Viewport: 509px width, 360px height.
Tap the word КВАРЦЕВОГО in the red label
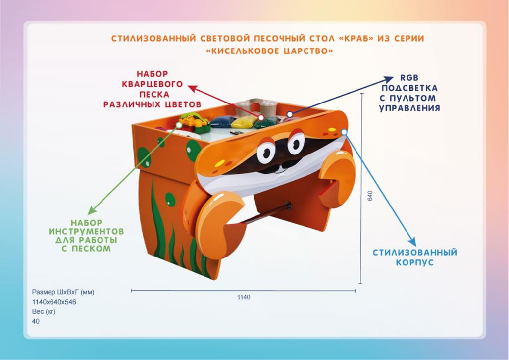(x=153, y=84)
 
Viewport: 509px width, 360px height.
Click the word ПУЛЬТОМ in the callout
(x=413, y=98)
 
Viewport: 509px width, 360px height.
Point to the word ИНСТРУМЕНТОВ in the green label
(x=86, y=231)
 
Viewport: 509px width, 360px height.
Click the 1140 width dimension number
(x=244, y=297)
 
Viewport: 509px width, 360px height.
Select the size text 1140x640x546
(x=54, y=301)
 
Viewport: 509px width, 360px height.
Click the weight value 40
(x=36, y=321)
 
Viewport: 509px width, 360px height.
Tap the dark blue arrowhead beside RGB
(x=388, y=80)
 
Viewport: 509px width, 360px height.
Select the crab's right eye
(x=296, y=143)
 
